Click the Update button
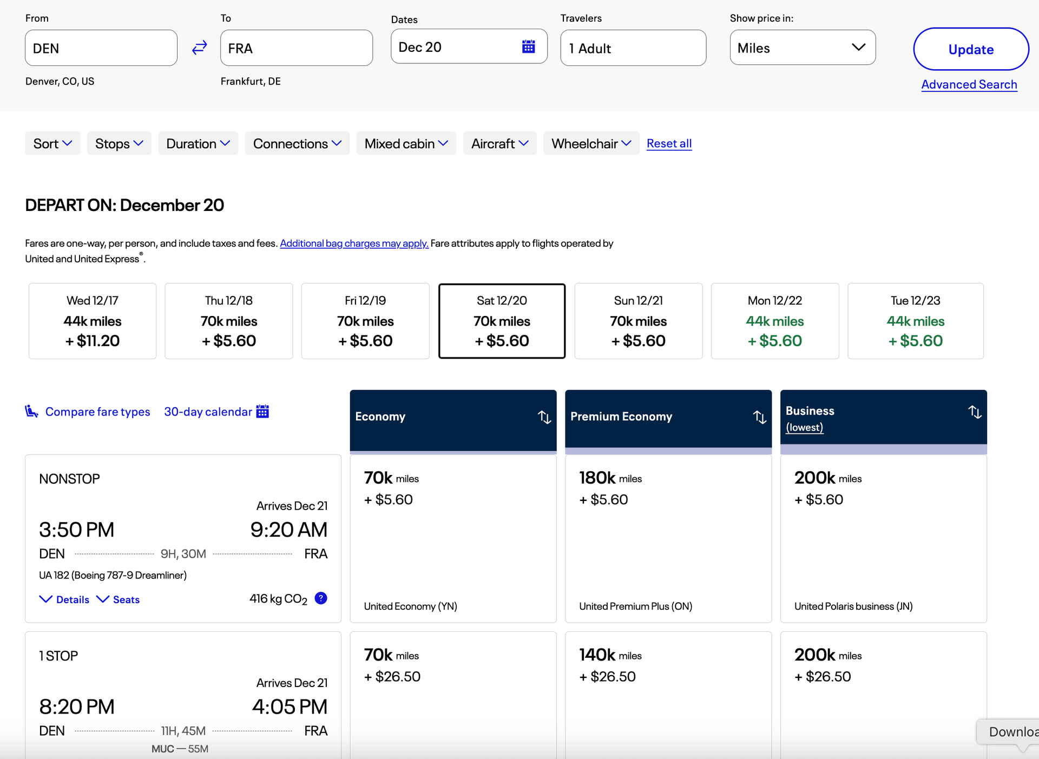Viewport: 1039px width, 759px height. [971, 49]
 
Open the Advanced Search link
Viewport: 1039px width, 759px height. [969, 84]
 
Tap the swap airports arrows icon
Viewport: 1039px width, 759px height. [199, 48]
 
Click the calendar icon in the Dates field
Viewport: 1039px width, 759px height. [528, 47]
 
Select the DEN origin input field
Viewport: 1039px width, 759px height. [101, 48]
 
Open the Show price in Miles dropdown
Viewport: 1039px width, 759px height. [802, 48]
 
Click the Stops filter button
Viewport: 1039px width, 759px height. [119, 143]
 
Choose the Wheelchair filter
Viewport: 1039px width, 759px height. [591, 143]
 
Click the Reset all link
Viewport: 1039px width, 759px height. [669, 143]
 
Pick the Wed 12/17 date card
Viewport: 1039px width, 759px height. [93, 321]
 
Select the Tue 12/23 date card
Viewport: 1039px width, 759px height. [915, 321]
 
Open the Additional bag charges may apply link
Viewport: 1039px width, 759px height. [354, 243]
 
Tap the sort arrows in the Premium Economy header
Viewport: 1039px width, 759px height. [760, 417]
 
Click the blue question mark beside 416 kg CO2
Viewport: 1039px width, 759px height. [321, 598]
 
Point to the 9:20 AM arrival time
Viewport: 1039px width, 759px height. [288, 530]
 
